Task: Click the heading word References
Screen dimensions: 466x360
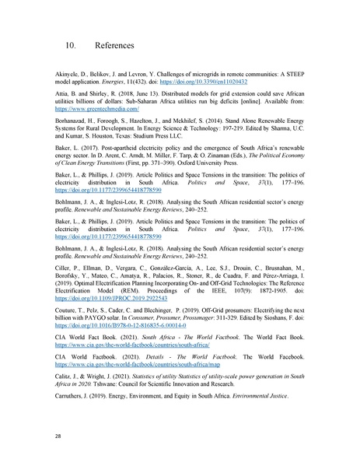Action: tap(110, 46)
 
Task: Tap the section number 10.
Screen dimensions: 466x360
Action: tap(70, 46)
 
